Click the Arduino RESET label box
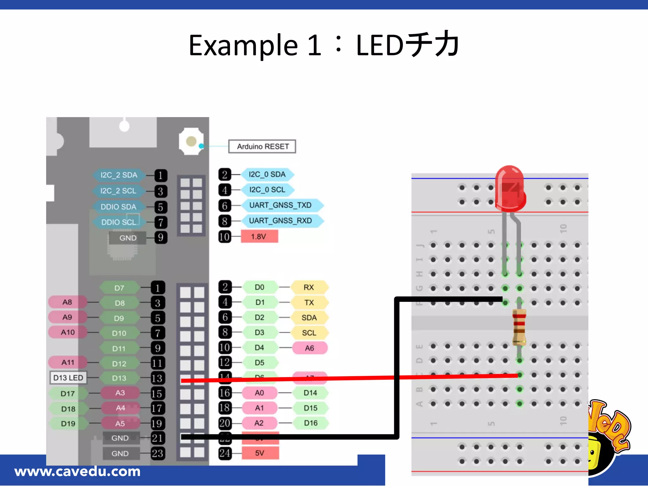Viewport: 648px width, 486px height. tap(262, 146)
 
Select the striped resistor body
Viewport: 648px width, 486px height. tap(519, 327)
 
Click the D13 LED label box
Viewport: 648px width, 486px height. tap(68, 378)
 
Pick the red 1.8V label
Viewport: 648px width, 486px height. tap(259, 237)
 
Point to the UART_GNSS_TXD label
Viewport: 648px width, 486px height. tap(281, 205)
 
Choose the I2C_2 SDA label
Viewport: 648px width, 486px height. tap(119, 175)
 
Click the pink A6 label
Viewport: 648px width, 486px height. tap(309, 348)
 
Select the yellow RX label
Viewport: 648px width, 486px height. tap(309, 287)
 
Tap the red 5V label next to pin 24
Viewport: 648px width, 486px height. tap(260, 453)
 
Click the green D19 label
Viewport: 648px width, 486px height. tap(68, 424)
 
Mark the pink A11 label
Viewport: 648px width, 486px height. tap(68, 363)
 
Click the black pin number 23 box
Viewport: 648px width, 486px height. tap(158, 453)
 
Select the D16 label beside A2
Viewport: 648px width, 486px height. tap(310, 423)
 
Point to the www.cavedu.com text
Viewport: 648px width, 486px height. tap(78, 471)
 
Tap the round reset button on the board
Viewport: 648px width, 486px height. tap(191, 141)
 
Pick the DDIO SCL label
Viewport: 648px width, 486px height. tap(119, 222)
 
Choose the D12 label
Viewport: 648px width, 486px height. tap(119, 364)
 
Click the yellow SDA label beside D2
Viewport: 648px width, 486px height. tap(309, 318)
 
